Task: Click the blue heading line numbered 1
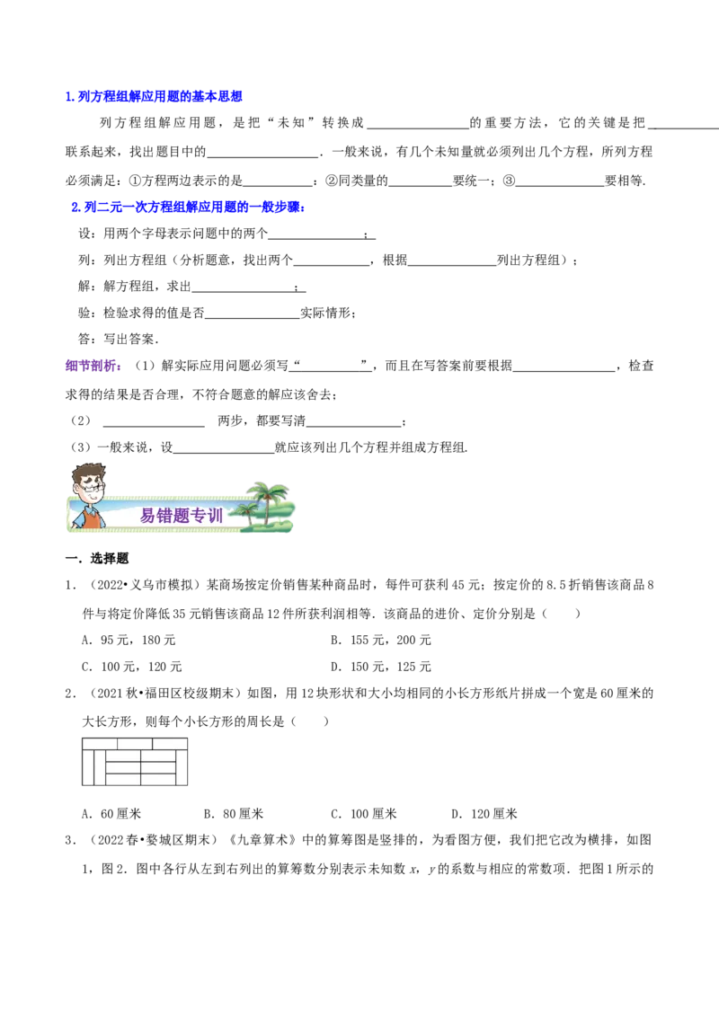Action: coord(154,97)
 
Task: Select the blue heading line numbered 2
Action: coord(188,208)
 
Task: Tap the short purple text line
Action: coord(93,367)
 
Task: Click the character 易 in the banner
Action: coord(148,516)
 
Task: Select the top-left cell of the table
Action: coord(100,744)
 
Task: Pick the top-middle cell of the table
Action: coord(135,744)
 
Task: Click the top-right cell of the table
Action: coord(170,744)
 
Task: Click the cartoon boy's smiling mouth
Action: coord(88,500)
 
